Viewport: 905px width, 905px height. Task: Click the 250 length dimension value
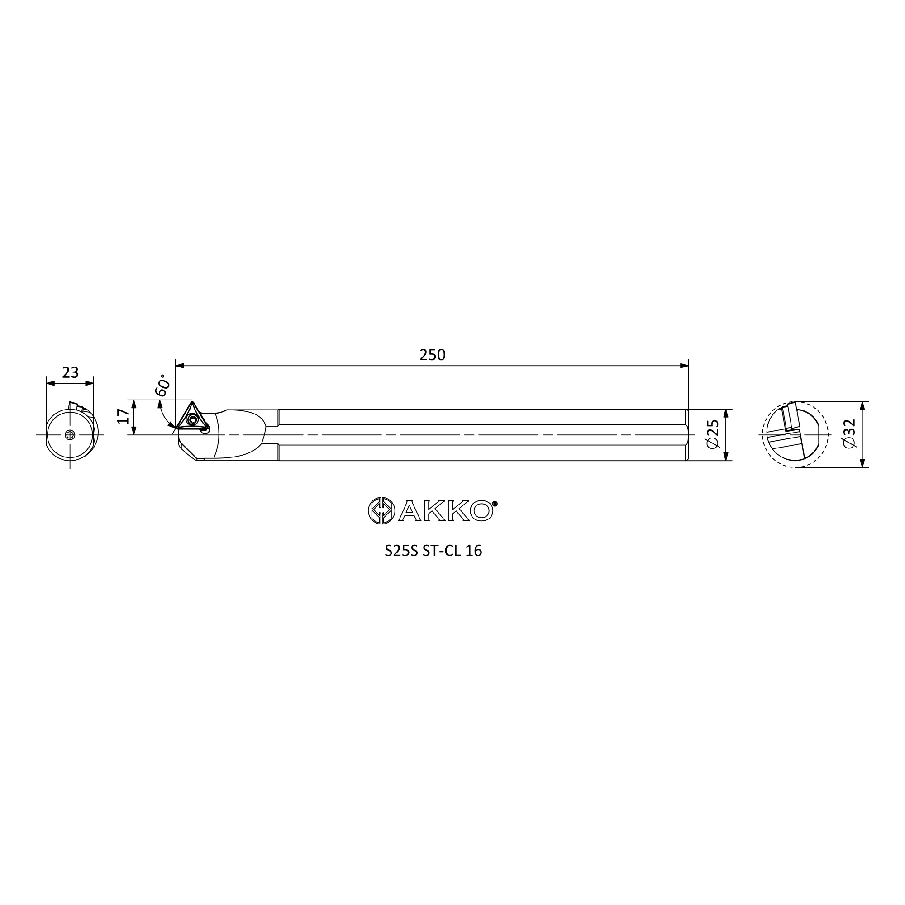(432, 356)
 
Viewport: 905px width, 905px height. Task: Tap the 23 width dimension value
(70, 373)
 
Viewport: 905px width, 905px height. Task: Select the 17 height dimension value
(123, 416)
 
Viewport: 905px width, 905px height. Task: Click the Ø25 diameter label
(713, 434)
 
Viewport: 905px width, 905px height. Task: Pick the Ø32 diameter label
(849, 434)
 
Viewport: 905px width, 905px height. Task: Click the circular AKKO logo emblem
(382, 510)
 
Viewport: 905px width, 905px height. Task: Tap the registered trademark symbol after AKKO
(495, 504)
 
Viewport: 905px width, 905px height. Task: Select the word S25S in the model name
(400, 551)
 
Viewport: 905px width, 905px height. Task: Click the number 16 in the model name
(474, 551)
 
